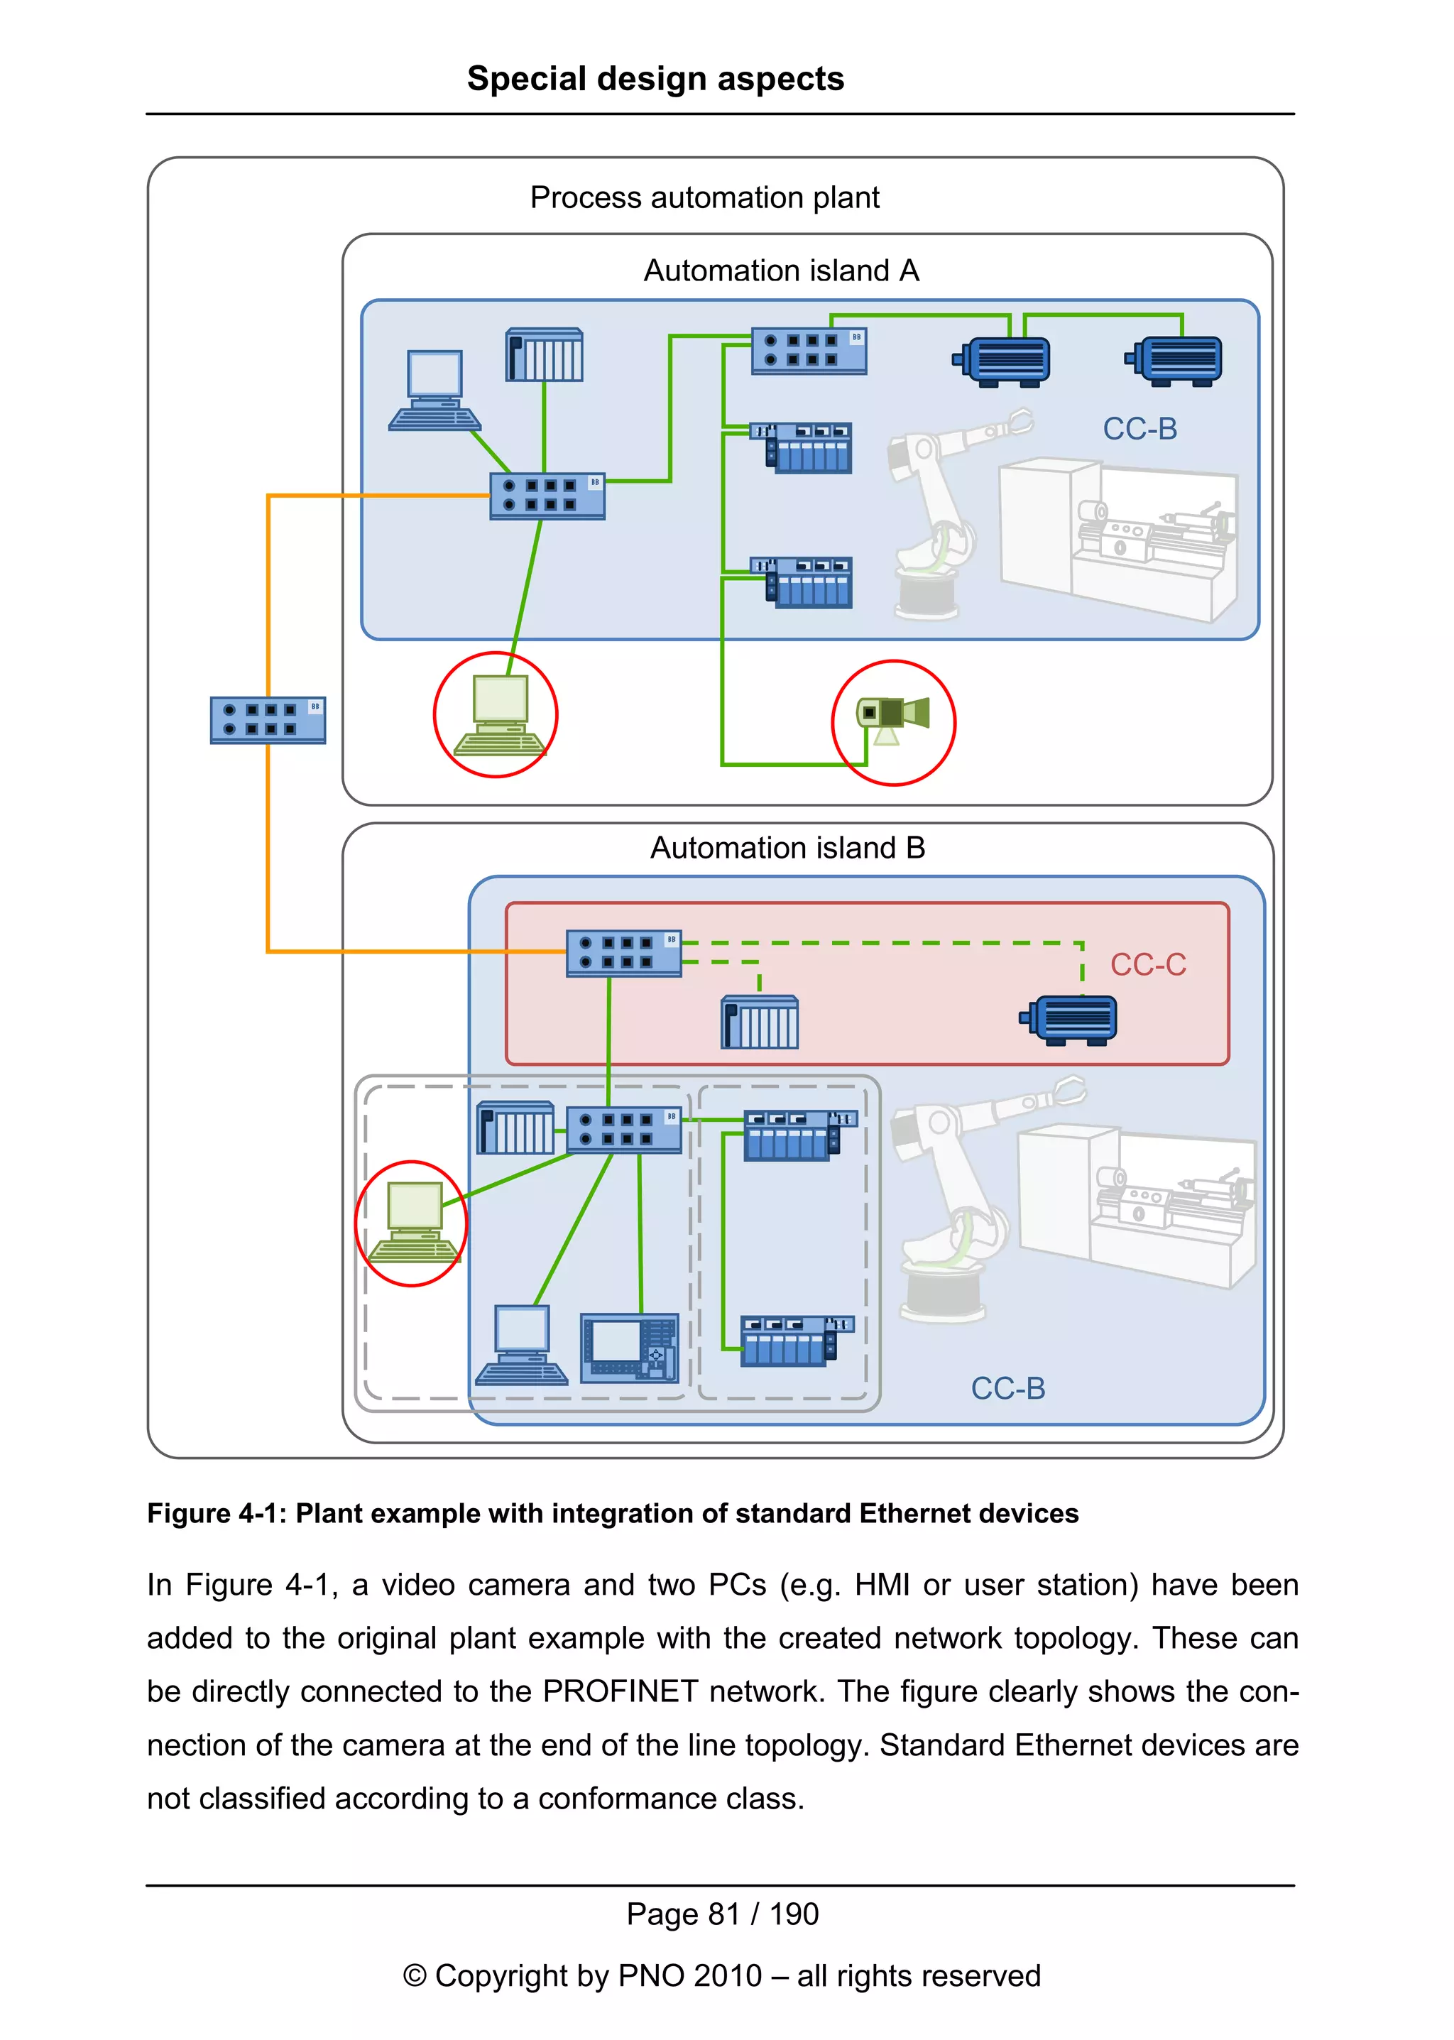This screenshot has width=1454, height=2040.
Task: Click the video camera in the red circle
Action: point(892,716)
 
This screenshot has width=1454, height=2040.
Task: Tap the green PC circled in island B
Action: point(414,1221)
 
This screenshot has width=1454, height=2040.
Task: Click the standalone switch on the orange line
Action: point(268,720)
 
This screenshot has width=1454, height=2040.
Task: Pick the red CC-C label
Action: point(1148,964)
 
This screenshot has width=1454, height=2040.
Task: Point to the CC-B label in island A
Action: point(1139,429)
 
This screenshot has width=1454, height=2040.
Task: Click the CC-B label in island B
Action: point(1008,1388)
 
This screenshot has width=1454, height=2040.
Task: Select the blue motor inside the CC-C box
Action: point(1070,1020)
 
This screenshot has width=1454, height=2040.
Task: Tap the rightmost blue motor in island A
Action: point(1176,360)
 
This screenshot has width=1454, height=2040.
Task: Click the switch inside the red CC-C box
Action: point(623,953)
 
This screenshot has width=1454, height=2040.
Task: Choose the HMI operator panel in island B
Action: point(630,1348)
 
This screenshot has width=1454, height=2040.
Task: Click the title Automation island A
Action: point(781,271)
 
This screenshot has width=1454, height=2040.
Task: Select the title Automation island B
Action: point(787,847)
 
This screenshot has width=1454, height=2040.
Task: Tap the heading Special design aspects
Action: point(655,79)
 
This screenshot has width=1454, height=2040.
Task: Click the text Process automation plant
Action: point(704,197)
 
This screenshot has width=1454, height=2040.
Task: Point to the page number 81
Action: point(723,1914)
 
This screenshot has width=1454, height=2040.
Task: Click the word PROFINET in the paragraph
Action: point(620,1691)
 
